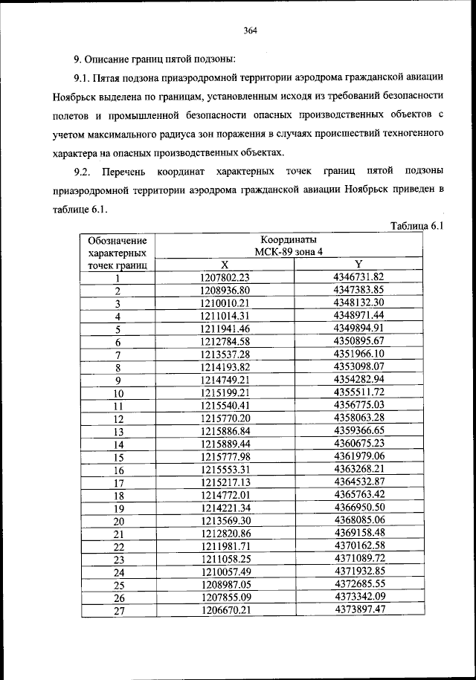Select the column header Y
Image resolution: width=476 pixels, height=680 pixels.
coord(358,265)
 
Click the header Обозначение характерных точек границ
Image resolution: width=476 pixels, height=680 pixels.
coord(117,253)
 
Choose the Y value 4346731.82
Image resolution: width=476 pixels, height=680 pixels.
coord(358,277)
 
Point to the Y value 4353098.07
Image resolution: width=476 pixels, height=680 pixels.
coord(358,367)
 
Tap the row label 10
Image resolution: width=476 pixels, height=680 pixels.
coord(118,394)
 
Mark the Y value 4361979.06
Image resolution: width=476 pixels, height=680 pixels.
coord(358,456)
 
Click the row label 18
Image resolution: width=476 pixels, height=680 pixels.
coord(118,496)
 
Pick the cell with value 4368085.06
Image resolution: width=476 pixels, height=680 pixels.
coord(358,520)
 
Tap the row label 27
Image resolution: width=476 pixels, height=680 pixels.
coord(118,611)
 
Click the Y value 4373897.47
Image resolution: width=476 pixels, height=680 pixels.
coord(358,609)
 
